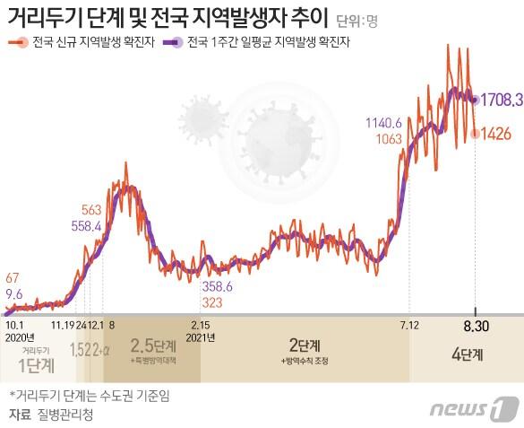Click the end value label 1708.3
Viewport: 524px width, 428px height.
point(500,101)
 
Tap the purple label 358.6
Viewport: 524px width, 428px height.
point(217,285)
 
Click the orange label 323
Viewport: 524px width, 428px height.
point(213,301)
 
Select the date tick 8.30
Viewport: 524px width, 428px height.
point(475,324)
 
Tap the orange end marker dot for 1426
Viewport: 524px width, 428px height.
point(474,134)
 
